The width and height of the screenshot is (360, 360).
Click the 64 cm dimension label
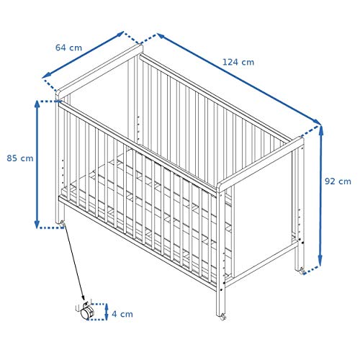[68, 48]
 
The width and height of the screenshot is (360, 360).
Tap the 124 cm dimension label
[238, 62]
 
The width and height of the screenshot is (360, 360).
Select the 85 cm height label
[20, 158]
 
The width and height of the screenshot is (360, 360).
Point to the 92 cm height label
[338, 181]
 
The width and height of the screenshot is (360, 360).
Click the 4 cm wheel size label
[122, 314]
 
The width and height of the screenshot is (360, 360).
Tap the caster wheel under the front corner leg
[223, 317]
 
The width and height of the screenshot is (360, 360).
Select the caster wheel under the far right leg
[302, 271]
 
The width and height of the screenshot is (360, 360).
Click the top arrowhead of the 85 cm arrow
[37, 104]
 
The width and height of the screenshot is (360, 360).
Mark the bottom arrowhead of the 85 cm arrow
[37, 224]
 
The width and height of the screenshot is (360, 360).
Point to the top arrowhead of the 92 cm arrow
[321, 130]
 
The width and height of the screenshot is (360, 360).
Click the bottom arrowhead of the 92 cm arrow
[320, 261]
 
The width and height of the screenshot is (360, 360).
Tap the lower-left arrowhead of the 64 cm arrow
[46, 76]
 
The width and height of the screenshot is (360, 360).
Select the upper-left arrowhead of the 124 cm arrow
[161, 36]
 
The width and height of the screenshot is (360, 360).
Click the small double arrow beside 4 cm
[107, 312]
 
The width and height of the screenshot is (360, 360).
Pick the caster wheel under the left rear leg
[63, 224]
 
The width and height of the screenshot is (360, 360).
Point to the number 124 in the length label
[231, 62]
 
